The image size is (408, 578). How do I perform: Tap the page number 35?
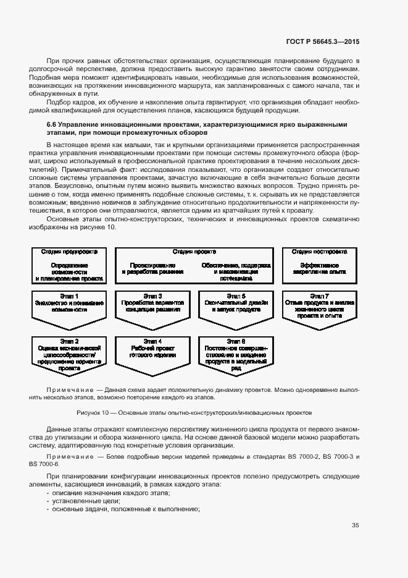coord(356,525)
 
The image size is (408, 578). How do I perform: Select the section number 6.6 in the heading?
coord(52,124)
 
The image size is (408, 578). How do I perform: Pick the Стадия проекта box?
coord(194,266)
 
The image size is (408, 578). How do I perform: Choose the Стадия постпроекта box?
coord(319,266)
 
